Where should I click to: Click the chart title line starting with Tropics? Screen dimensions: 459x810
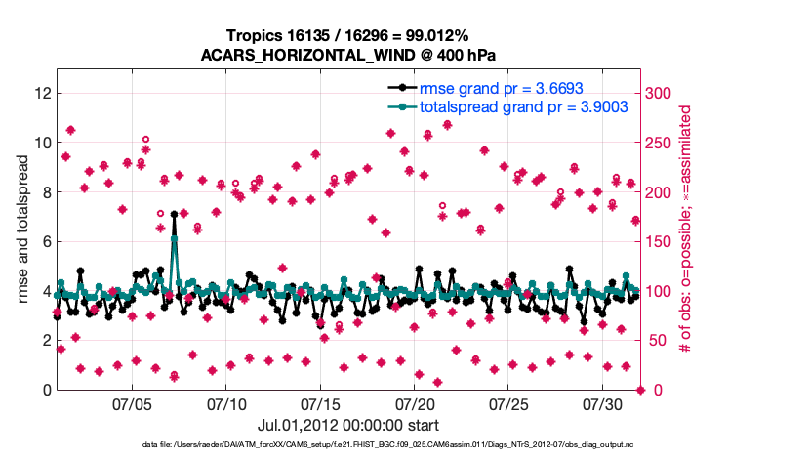(349, 36)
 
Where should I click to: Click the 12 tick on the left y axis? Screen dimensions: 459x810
(42, 93)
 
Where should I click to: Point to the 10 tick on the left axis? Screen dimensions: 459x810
(42, 143)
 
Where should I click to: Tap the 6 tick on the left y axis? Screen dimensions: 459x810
(46, 241)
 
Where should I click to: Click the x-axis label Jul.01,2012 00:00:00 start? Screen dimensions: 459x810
(348, 425)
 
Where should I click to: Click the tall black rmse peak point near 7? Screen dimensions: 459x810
(174, 214)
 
